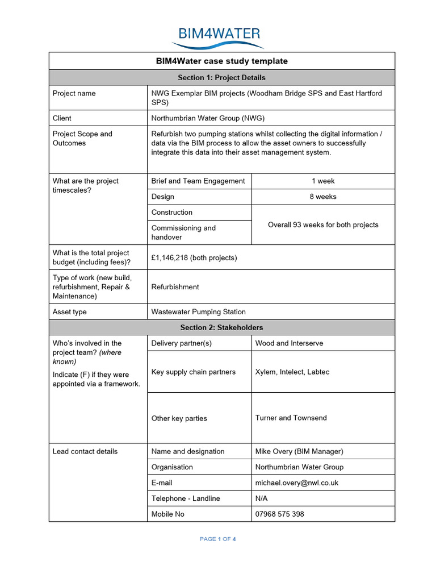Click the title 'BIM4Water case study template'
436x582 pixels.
click(221, 61)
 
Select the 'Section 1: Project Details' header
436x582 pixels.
click(221, 77)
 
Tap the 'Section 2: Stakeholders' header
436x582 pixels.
click(221, 327)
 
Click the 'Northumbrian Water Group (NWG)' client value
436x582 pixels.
click(208, 118)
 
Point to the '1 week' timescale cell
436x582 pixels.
click(323, 181)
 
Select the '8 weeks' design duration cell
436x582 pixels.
click(323, 197)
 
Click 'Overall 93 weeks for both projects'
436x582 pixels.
click(323, 225)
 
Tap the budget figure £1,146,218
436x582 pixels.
click(194, 257)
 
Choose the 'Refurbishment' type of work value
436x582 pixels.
click(175, 287)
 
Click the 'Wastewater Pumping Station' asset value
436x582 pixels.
click(198, 311)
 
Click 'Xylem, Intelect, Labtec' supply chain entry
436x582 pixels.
click(292, 372)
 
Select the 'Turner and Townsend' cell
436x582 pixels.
click(291, 418)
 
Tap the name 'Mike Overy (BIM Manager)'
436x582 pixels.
click(299, 451)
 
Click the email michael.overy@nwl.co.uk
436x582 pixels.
click(297, 483)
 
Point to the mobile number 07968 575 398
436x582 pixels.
click(279, 514)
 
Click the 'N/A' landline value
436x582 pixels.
click(261, 498)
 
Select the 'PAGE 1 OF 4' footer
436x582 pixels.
click(217, 539)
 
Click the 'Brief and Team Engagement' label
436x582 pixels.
click(198, 181)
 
